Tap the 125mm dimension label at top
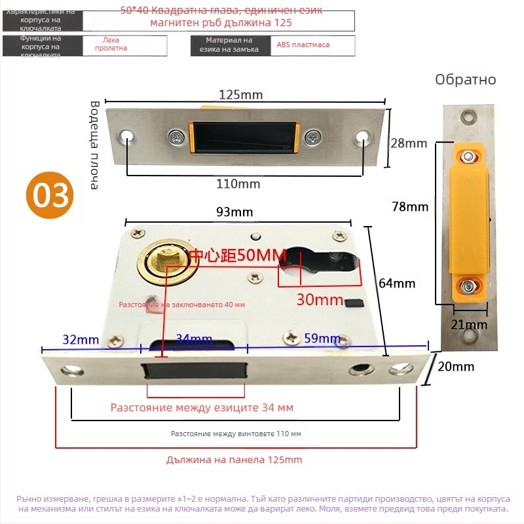click(x=240, y=95)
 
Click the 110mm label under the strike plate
click(x=238, y=184)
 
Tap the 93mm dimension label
click(x=234, y=212)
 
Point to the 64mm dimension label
click(x=398, y=284)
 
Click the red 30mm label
click(x=320, y=300)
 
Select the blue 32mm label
click(x=81, y=339)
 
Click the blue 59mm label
click(x=322, y=339)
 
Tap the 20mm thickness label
click(x=455, y=367)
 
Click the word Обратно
click(x=466, y=80)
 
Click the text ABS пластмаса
click(x=303, y=45)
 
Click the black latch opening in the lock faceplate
click(x=195, y=371)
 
